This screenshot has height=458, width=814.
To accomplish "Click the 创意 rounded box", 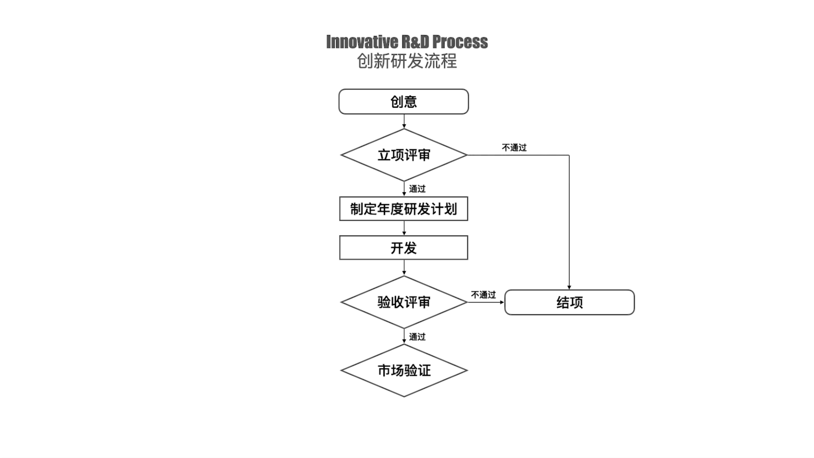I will point(404,101).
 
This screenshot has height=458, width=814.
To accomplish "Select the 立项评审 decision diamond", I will point(404,155).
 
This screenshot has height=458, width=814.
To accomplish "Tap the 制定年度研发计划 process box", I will point(404,209).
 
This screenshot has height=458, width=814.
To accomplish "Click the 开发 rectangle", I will point(404,248).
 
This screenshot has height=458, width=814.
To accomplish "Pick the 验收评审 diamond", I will point(404,302).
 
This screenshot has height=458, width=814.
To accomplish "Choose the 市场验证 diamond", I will point(404,370).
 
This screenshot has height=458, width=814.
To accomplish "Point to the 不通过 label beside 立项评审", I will point(514,148).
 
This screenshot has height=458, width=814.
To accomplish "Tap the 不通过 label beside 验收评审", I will point(483,295).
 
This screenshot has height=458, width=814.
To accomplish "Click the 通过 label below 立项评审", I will point(417,189).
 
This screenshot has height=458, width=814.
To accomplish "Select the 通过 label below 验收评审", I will point(417,337).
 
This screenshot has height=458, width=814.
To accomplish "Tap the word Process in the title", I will point(460,42).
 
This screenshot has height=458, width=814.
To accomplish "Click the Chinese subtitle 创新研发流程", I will point(407,61).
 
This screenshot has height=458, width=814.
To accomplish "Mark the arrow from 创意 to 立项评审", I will point(404,121).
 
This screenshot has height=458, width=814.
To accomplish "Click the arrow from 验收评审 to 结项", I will point(486,302).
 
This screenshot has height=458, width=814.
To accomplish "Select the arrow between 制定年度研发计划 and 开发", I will point(404,228).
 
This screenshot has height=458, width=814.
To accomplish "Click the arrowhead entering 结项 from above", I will point(569,287).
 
